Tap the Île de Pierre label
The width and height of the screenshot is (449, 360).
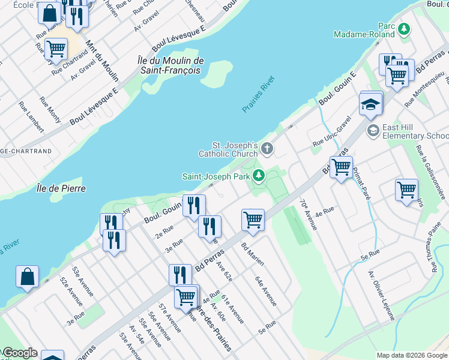(x=60, y=188)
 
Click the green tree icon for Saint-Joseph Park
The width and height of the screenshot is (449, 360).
(x=258, y=175)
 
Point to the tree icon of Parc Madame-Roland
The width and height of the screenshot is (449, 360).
(x=405, y=28)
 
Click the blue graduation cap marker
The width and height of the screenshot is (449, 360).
(x=371, y=105)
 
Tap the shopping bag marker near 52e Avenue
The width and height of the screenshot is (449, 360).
(x=27, y=277)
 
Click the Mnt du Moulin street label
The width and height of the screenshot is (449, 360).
(x=102, y=60)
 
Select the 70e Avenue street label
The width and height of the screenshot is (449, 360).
(x=308, y=214)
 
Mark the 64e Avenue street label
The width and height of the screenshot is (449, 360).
(x=265, y=291)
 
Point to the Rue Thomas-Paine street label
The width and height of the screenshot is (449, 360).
(x=436, y=247)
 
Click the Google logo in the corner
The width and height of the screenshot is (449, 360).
(x=19, y=353)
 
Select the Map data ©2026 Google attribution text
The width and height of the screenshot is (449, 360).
(x=411, y=355)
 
